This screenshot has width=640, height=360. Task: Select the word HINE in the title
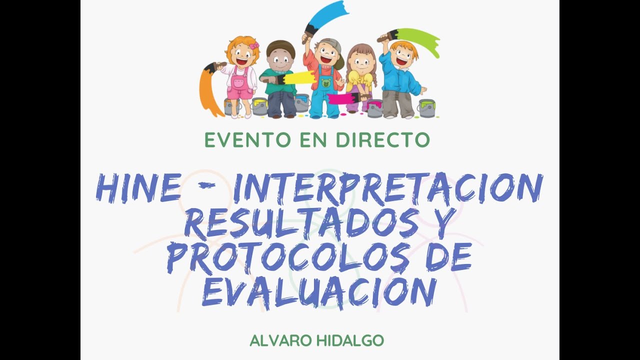pos(138,188)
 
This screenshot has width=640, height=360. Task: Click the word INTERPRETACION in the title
pos(388,188)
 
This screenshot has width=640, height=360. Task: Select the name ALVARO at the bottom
pos(280,341)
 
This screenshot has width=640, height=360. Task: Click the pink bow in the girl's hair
pos(254,46)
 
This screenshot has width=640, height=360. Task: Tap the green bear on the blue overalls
pos(326,82)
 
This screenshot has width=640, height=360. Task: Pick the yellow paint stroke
pos(298,77)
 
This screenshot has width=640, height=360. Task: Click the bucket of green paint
pos(426,107)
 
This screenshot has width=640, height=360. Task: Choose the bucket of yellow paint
pos(259,106)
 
